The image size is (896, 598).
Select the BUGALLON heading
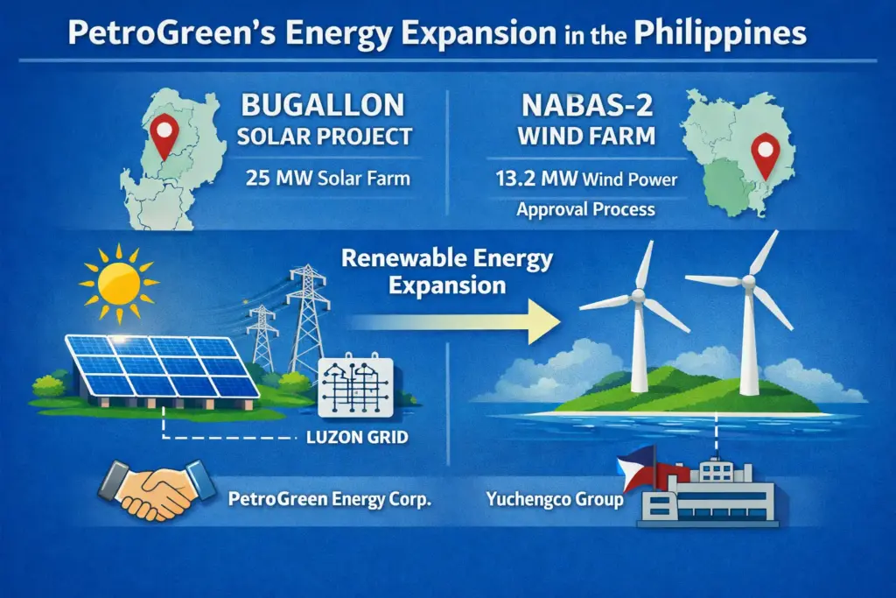pyautogui.click(x=324, y=106)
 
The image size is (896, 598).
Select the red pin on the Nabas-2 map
pyautogui.click(x=767, y=154)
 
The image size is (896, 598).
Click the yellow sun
pyautogui.click(x=117, y=282)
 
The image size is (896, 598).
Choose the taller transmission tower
pyautogui.click(x=307, y=316)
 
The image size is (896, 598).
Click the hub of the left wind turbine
pyautogui.click(x=637, y=298)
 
